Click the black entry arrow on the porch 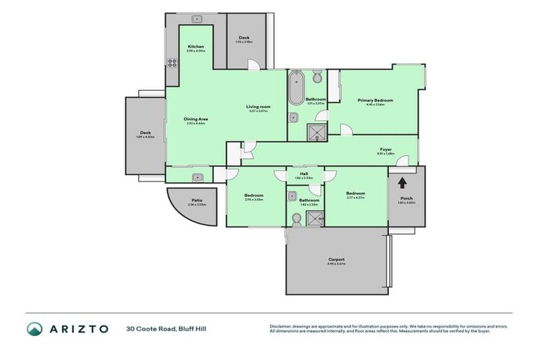coord(401,184)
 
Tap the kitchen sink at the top coord(197,19)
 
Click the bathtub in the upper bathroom coord(295,89)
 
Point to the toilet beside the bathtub coord(317,76)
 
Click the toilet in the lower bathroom coord(296,220)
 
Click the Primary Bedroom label coord(375,101)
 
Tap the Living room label coord(258,107)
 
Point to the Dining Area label coord(195,119)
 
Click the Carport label coord(336,259)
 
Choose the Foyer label coord(385,149)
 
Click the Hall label coord(304,173)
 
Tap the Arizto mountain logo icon coord(34,328)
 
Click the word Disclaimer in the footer coord(283,326)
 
